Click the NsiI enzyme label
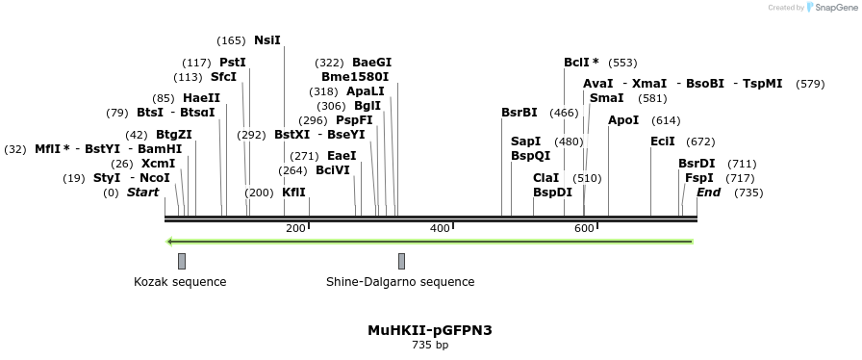click(267, 40)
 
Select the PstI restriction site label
click(233, 63)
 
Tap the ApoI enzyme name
click(623, 120)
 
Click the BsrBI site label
click(520, 113)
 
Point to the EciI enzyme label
click(663, 141)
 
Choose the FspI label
click(699, 178)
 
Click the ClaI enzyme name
click(545, 178)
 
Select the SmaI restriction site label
click(606, 98)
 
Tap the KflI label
click(293, 193)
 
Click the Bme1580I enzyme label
click(355, 77)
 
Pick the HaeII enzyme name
click(201, 98)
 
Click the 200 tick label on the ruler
click(295, 228)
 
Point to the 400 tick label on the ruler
click(440, 228)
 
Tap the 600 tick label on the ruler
click(584, 228)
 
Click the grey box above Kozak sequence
click(182, 261)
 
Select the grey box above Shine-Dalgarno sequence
click(401, 261)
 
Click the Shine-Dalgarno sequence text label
click(400, 282)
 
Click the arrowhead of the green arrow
click(170, 242)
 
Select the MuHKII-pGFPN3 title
click(430, 330)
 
